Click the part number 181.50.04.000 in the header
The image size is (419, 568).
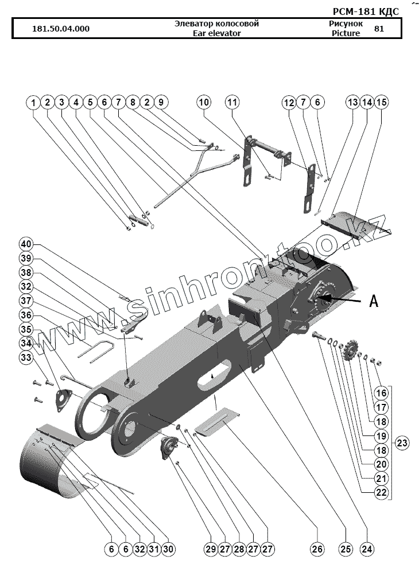tap(61, 29)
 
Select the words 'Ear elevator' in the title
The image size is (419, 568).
tap(217, 33)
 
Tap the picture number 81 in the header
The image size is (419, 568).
tap(379, 29)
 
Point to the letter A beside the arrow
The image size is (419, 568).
tap(374, 301)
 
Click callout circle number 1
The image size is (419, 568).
tap(34, 103)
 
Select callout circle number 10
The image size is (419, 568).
tap(204, 103)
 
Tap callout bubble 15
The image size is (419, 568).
tap(381, 103)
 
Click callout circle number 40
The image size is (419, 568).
tap(26, 243)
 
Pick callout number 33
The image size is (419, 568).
tap(26, 357)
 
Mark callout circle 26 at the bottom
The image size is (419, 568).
tap(317, 550)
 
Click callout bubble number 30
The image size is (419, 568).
tap(168, 550)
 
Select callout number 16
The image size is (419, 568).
tap(382, 393)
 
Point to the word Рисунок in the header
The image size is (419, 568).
tap(346, 24)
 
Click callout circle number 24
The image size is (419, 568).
tap(366, 550)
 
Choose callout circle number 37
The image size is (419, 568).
tap(26, 300)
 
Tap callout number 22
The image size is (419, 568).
tap(382, 492)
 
